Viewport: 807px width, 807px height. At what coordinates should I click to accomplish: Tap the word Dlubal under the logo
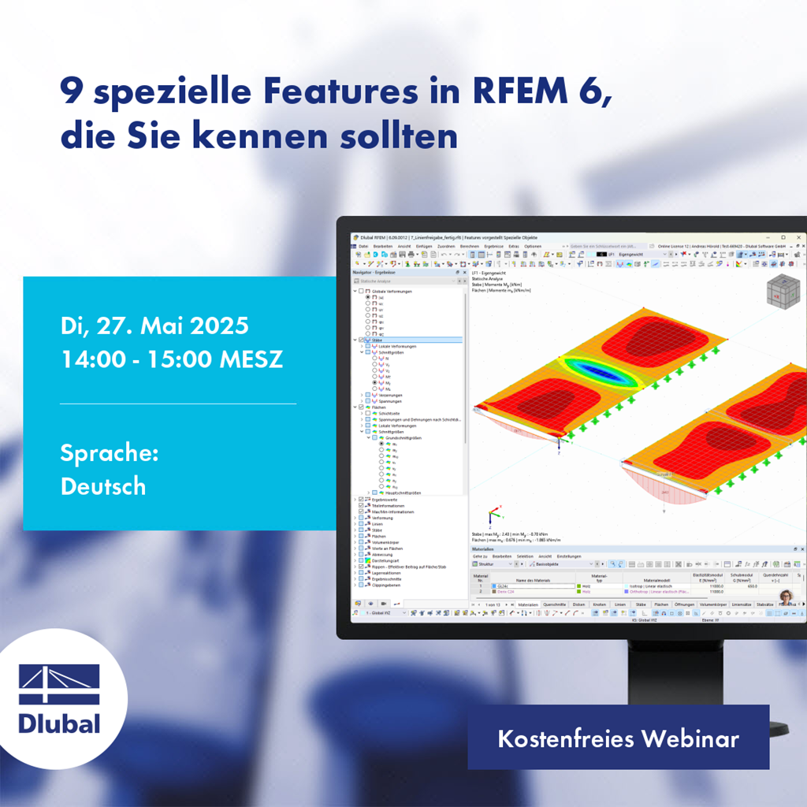point(59,722)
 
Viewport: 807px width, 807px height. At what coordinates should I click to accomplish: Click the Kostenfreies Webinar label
point(618,738)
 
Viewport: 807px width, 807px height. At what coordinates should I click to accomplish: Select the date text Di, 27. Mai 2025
point(154,325)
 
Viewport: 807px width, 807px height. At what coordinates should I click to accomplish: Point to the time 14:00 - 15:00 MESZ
point(171,359)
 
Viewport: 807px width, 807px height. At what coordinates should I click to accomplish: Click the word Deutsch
point(103,485)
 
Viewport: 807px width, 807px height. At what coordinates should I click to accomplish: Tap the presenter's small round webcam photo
point(785,597)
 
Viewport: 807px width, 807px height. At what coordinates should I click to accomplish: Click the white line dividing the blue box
point(178,403)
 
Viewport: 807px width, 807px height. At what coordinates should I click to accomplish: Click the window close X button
point(798,237)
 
